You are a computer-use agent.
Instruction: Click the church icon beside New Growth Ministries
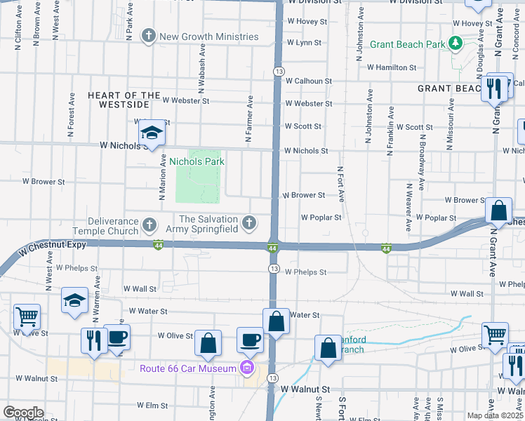148,36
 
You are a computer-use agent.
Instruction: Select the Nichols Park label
197,161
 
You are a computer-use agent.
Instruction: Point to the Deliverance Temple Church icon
149,225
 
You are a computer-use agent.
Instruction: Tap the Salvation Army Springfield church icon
248,224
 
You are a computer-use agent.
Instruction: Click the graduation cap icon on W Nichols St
152,132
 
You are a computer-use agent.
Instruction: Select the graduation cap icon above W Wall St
74,300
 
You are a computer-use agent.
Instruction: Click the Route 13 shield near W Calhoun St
279,72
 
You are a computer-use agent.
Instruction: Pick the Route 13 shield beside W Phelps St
274,269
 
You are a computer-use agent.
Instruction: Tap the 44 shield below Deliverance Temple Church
159,245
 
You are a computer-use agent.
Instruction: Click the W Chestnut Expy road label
53,246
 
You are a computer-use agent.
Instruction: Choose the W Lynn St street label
303,43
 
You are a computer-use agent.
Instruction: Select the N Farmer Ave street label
249,112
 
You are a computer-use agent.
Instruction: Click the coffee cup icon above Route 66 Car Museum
250,340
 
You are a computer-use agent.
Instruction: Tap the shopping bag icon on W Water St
277,321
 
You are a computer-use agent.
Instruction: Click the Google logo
23,413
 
